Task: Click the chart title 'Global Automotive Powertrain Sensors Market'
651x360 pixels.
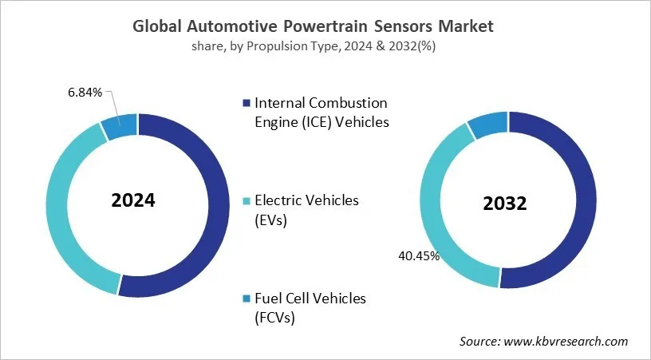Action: click(x=325, y=26)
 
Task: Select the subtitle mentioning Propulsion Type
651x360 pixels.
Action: click(x=325, y=45)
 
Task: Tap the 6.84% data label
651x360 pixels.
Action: click(x=85, y=93)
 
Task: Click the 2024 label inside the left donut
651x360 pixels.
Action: click(x=133, y=200)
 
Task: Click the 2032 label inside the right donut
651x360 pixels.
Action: click(x=505, y=204)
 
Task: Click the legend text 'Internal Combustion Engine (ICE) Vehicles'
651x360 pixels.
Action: click(x=320, y=113)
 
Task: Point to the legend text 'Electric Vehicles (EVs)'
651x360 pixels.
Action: click(x=306, y=209)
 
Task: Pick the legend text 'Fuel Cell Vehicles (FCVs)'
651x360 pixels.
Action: click(x=310, y=307)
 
